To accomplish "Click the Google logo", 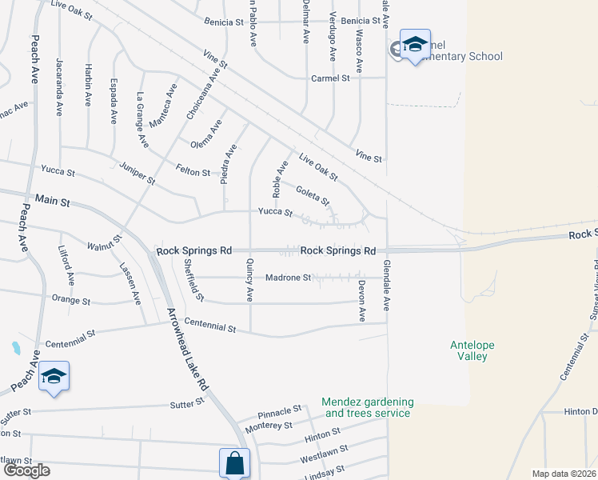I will [26, 470].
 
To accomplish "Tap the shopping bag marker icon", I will [234, 462].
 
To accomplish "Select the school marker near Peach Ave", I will [54, 377].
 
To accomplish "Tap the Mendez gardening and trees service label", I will [367, 407].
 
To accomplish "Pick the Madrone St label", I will [288, 278].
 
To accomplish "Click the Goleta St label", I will [312, 194].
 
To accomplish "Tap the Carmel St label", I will [330, 78].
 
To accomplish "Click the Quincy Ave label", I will [250, 285].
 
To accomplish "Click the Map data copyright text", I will [564, 474].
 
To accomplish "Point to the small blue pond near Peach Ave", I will [15, 348].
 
